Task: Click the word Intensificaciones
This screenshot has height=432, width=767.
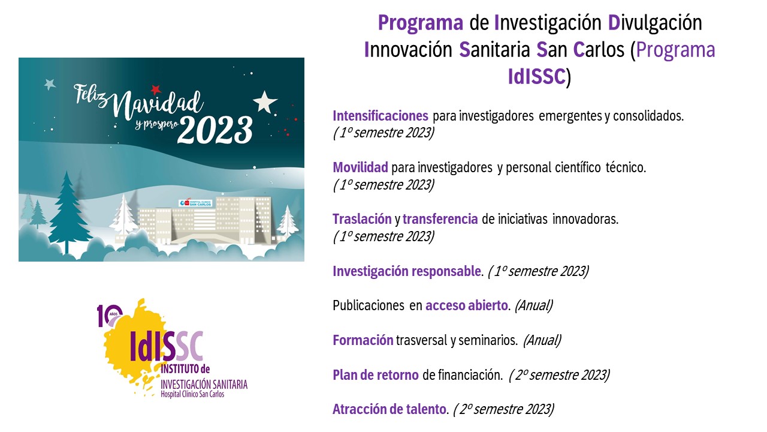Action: [x=381, y=116]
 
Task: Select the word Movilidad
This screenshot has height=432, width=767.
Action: [x=361, y=167]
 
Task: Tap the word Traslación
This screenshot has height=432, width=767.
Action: [x=363, y=219]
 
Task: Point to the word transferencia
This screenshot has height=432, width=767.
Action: [x=440, y=219]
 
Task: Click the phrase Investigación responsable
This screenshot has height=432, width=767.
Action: [x=407, y=272]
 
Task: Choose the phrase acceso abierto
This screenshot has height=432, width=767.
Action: [x=467, y=305]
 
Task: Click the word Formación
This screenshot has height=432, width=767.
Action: [x=363, y=340]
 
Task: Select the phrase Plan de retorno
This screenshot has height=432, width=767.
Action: [x=376, y=375]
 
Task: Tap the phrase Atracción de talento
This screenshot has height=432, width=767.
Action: [x=389, y=409]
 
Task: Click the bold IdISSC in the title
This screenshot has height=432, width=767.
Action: [x=536, y=76]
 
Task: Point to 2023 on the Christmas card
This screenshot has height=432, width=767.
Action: [x=215, y=131]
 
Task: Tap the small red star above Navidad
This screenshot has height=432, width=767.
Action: [x=156, y=89]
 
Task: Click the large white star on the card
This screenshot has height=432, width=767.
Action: [x=265, y=102]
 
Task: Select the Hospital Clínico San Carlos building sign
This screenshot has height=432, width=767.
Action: [x=195, y=203]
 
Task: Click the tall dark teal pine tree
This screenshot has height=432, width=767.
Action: [x=67, y=212]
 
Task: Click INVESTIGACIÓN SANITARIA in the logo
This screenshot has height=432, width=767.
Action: [x=204, y=385]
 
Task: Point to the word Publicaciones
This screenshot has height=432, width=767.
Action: [x=369, y=305]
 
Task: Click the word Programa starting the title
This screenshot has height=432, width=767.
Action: [x=421, y=23]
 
